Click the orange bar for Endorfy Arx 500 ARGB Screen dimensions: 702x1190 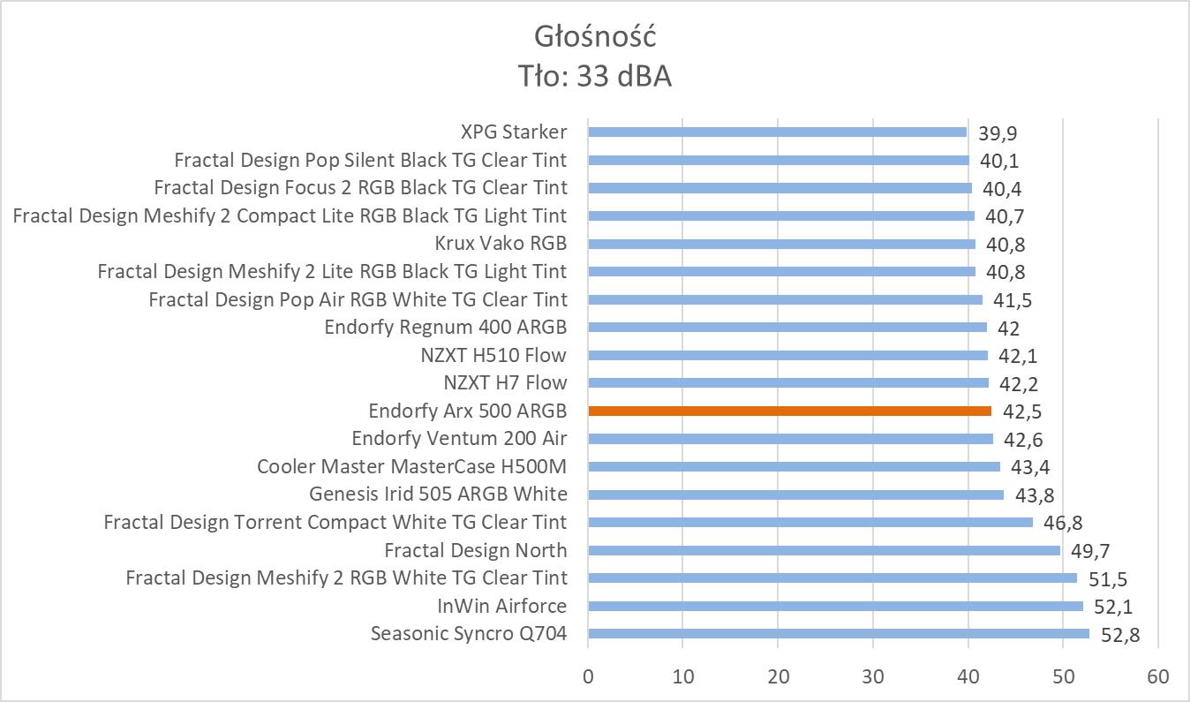[789, 411]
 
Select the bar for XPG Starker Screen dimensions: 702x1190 [777, 132]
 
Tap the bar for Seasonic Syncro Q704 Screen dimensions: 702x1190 [839, 633]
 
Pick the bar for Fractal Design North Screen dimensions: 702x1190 [824, 550]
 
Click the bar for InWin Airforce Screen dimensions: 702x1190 [835, 606]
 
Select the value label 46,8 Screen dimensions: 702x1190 [1062, 523]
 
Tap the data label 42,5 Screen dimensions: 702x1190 [1021, 411]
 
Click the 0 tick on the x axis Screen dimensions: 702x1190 [588, 677]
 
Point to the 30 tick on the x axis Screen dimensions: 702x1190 [873, 677]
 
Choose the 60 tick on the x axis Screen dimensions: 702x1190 [1157, 677]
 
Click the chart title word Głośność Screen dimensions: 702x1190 [595, 37]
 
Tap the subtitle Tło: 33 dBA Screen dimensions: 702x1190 [595, 77]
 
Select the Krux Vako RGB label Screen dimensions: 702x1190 [501, 243]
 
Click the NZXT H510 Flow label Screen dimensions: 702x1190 [493, 355]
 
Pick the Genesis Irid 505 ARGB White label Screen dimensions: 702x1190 [438, 494]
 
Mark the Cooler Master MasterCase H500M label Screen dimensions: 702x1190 [411, 466]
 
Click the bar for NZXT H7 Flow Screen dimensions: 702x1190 [788, 383]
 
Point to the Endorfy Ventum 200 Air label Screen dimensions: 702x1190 [459, 438]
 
